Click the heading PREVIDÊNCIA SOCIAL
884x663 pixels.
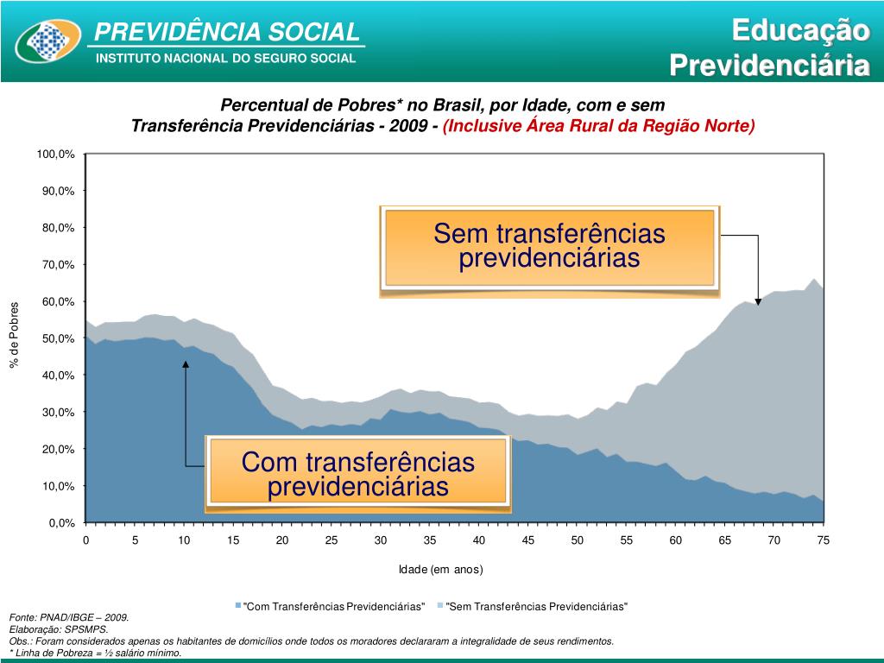pyautogui.click(x=226, y=33)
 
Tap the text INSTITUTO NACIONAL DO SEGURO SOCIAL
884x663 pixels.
pyautogui.click(x=224, y=59)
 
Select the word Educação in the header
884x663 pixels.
pyautogui.click(x=799, y=30)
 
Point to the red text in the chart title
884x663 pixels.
pyautogui.click(x=598, y=126)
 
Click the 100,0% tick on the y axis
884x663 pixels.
pyautogui.click(x=55, y=154)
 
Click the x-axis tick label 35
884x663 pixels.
pyautogui.click(x=430, y=540)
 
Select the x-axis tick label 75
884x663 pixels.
pyautogui.click(x=824, y=540)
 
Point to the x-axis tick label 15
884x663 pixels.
pyautogui.click(x=233, y=540)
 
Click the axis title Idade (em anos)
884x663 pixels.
pyautogui.click(x=440, y=570)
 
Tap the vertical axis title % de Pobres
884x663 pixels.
pyautogui.click(x=14, y=335)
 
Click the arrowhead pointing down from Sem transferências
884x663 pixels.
pyautogui.click(x=758, y=300)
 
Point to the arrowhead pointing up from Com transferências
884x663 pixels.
pyautogui.click(x=186, y=365)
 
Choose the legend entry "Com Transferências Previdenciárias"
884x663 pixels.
pyautogui.click(x=333, y=607)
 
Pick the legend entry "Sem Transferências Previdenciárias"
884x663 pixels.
pyautogui.click(x=535, y=607)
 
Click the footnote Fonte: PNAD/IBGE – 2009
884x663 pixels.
pyautogui.click(x=69, y=618)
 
